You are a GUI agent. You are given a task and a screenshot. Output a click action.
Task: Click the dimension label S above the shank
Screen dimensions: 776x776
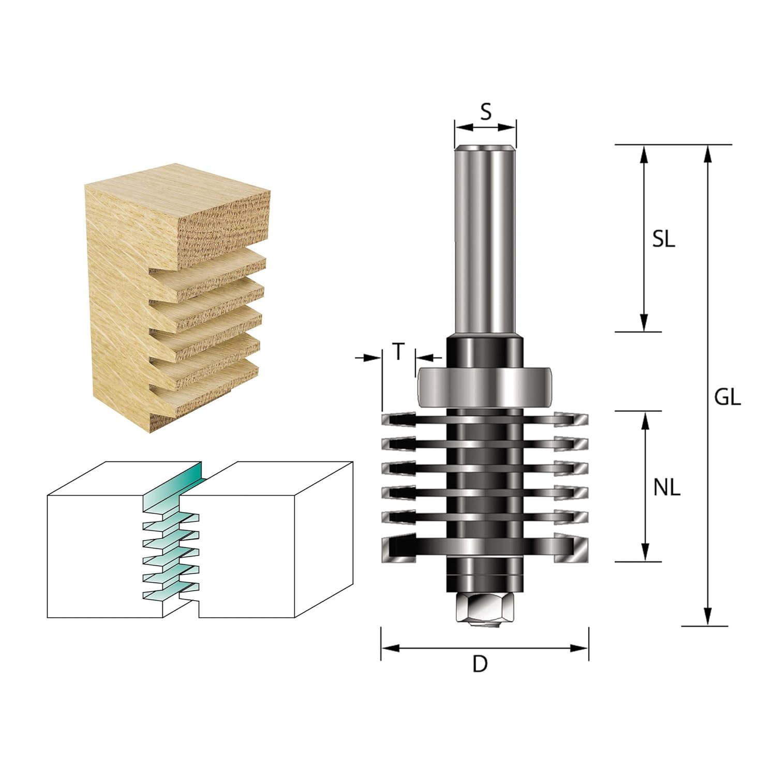(x=485, y=111)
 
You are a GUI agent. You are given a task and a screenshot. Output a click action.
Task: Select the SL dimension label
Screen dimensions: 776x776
(x=664, y=239)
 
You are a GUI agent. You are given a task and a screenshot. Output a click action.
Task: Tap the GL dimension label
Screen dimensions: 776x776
(x=727, y=397)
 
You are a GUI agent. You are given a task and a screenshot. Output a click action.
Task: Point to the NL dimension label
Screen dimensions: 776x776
(x=667, y=487)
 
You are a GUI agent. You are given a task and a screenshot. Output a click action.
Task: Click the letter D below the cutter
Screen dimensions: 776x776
(x=480, y=664)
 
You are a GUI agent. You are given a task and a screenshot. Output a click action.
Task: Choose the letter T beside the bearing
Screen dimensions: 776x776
(x=398, y=352)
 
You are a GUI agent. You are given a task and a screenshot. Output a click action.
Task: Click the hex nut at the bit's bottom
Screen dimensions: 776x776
(x=485, y=609)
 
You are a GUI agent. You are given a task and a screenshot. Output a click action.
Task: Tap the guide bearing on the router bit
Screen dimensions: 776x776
(x=485, y=387)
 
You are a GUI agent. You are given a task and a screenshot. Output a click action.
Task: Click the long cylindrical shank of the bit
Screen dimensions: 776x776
(x=485, y=241)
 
